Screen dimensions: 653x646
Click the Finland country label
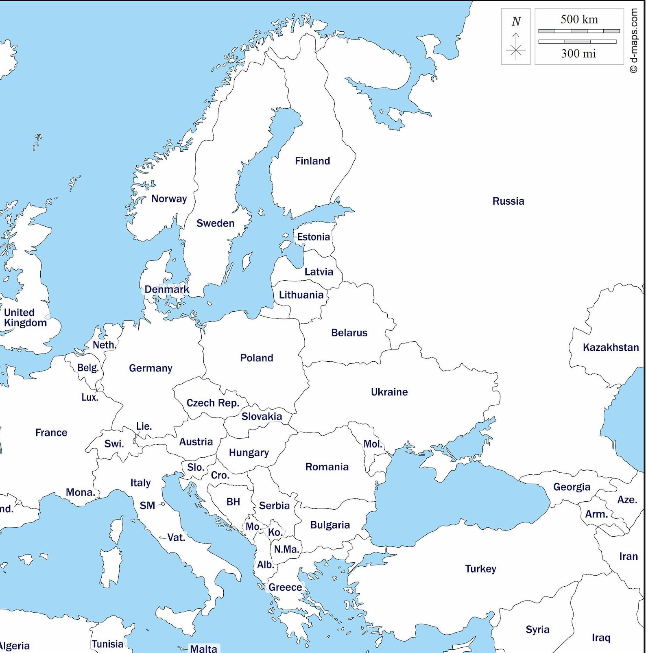click(x=312, y=161)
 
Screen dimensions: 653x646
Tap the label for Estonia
click(x=313, y=237)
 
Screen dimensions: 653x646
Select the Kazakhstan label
click(x=610, y=347)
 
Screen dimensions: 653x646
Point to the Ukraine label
click(x=389, y=392)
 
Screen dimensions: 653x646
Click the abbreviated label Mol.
click(x=372, y=444)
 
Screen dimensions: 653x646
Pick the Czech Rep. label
click(x=212, y=403)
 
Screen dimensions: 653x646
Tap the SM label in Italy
click(x=147, y=506)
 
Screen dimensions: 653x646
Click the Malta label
click(x=203, y=649)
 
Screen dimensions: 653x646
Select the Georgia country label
click(x=571, y=487)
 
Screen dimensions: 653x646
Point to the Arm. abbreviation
click(x=596, y=514)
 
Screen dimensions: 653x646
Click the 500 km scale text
click(x=579, y=20)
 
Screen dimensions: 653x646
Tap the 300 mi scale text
click(x=578, y=54)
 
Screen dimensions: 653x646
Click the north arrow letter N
click(x=516, y=21)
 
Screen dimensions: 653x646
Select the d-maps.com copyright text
click(x=634, y=41)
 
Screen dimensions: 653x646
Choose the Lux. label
click(x=89, y=397)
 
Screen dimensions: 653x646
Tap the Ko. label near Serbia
click(x=275, y=533)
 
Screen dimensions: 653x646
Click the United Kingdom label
click(x=25, y=318)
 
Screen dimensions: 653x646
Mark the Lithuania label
click(x=301, y=295)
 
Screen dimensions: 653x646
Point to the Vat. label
click(x=176, y=538)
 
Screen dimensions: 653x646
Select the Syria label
click(x=537, y=630)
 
